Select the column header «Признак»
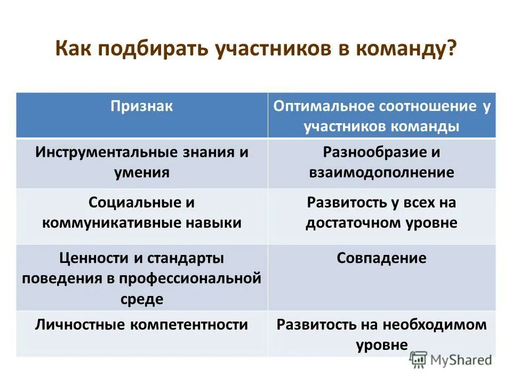[x=142, y=106]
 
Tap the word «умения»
[x=142, y=172]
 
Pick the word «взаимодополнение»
[x=381, y=172]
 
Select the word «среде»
[x=142, y=299]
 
